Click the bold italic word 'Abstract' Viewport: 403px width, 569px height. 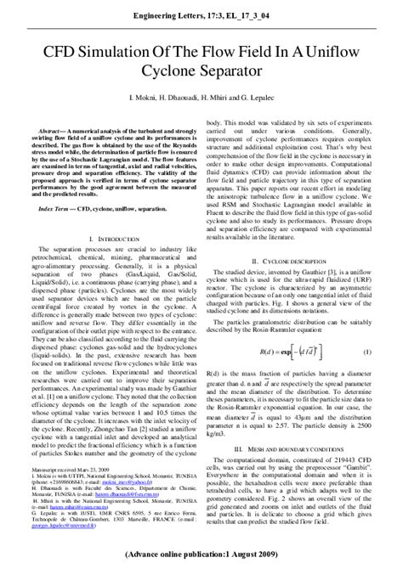click(50, 122)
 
